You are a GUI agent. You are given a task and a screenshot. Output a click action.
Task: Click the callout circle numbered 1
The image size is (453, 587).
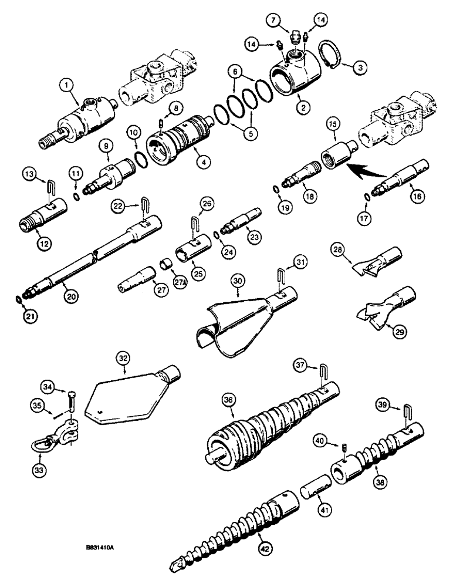coord(69,86)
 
